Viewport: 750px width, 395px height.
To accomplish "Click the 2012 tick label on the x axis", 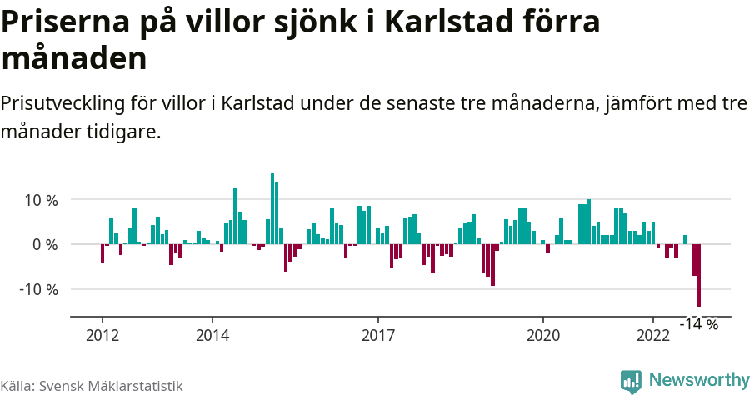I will pyautogui.click(x=102, y=335).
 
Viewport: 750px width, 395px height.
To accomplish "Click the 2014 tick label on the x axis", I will pyautogui.click(x=212, y=335).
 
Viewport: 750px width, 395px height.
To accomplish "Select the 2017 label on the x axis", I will pyautogui.click(x=377, y=335).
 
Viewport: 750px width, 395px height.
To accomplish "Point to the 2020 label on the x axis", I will pyautogui.click(x=543, y=335).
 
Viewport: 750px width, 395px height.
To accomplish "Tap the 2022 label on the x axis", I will pyautogui.click(x=653, y=335).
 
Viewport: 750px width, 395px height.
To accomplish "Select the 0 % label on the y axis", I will pyautogui.click(x=45, y=245).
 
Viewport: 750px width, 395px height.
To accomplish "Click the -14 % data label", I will pyautogui.click(x=698, y=324).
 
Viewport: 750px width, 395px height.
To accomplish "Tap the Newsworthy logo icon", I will pyautogui.click(x=631, y=381).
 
